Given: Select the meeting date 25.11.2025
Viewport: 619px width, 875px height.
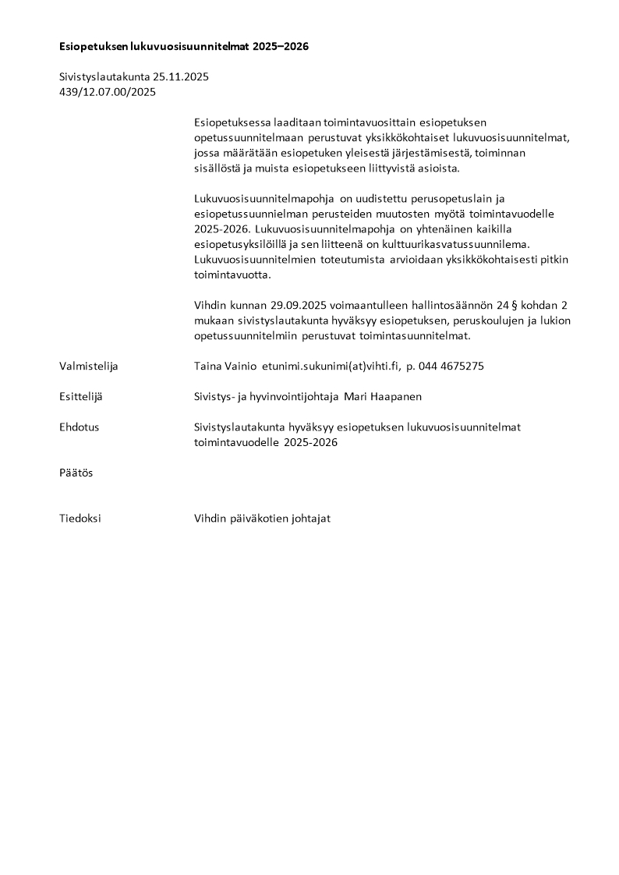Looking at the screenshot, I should pos(181,76).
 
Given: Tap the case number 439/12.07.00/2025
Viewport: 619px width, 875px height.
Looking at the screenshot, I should pos(108,91).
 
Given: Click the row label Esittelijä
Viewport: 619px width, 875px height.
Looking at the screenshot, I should pos(81,396).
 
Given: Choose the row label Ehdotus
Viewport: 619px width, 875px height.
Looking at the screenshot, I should pos(80,427).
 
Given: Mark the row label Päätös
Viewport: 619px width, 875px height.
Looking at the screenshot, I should pos(76,473).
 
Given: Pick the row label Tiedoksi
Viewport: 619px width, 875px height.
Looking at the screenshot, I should pos(80,519).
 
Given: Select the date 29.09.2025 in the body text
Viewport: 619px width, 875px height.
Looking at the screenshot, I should pos(299,305).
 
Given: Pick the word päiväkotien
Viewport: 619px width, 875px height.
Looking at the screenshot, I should pos(257,519).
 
